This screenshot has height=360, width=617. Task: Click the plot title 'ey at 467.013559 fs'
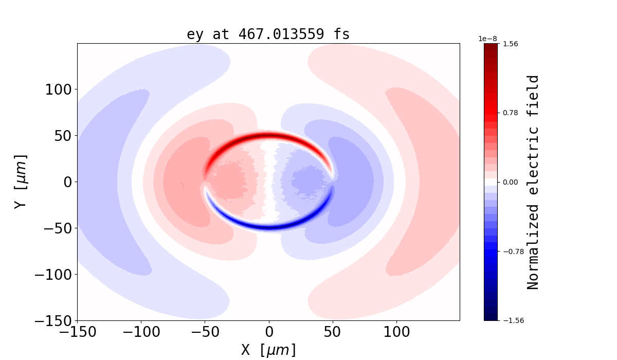point(268,34)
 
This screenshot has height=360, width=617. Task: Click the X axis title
point(268,350)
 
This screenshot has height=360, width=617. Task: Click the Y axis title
point(20,182)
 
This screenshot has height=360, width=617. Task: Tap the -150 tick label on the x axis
point(77,332)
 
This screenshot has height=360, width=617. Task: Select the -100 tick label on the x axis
point(141,332)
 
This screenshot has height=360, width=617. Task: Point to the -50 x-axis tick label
point(205,332)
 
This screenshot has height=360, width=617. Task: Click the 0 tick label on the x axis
point(269,332)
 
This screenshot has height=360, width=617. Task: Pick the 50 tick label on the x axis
point(333,332)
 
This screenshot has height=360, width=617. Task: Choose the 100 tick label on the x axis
point(396,332)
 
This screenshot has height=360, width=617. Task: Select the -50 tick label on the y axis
point(57,228)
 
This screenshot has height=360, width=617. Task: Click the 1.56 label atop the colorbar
point(510,44)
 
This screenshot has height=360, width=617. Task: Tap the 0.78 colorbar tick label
point(510,113)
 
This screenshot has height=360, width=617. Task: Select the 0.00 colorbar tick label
point(510,182)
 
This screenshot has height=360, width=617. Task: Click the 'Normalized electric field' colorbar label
point(533,182)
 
